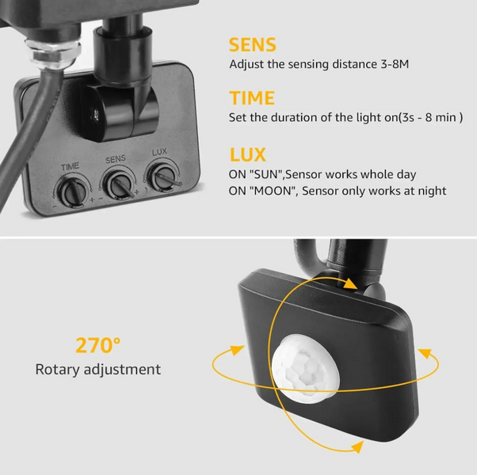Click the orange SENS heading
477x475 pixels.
(253, 44)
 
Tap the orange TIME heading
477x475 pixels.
(252, 98)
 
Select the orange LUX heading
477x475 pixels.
(248, 154)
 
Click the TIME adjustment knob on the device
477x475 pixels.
(73, 192)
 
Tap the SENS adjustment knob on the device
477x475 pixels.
(120, 185)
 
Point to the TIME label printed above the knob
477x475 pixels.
(71, 167)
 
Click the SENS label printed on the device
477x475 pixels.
(116, 159)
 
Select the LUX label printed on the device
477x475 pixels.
(159, 152)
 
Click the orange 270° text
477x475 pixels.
(98, 345)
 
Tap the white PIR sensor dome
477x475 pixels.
(305, 367)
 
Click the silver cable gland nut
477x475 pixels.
(52, 52)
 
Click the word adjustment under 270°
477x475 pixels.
(122, 370)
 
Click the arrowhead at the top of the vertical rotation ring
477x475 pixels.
(350, 284)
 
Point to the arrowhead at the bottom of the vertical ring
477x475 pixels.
(357, 446)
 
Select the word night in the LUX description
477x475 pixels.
(432, 191)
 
